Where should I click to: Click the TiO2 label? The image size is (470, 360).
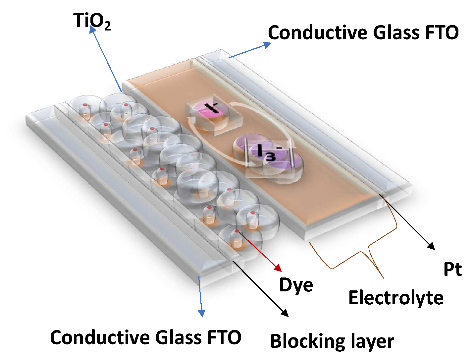(92, 21)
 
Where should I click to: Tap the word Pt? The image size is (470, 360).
(452, 269)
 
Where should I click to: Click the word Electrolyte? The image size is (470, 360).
(396, 298)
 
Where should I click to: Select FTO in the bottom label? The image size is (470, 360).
(224, 337)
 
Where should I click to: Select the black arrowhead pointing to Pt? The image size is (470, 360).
(431, 246)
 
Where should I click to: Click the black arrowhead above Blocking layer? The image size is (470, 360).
(285, 313)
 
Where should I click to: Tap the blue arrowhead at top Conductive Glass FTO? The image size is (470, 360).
(267, 45)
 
